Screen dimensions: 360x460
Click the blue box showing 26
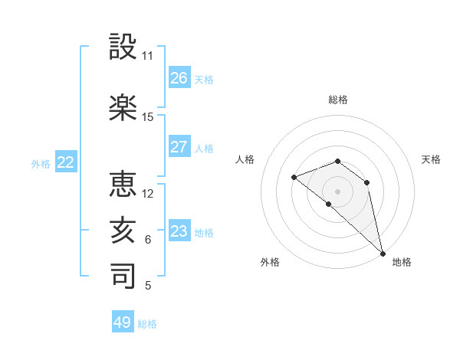pos(179,78)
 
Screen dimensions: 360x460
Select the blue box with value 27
pos(179,147)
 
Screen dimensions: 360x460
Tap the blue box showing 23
pos(179,231)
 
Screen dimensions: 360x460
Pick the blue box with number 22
pos(65,162)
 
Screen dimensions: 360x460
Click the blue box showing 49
pos(123,322)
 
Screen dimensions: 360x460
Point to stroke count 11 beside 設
pos(148,56)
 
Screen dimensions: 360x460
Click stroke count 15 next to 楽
pos(148,117)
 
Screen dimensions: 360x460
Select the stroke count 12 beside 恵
pos(148,194)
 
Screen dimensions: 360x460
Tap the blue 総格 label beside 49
pos(147,324)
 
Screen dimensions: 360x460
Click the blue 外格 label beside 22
pos(41,163)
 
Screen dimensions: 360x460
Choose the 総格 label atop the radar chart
pos(338,100)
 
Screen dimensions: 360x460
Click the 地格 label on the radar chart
pos(402,262)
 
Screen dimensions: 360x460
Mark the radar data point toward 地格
pos(383,254)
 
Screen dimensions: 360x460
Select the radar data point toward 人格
pos(294,178)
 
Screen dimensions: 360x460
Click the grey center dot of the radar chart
pos(338,191)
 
